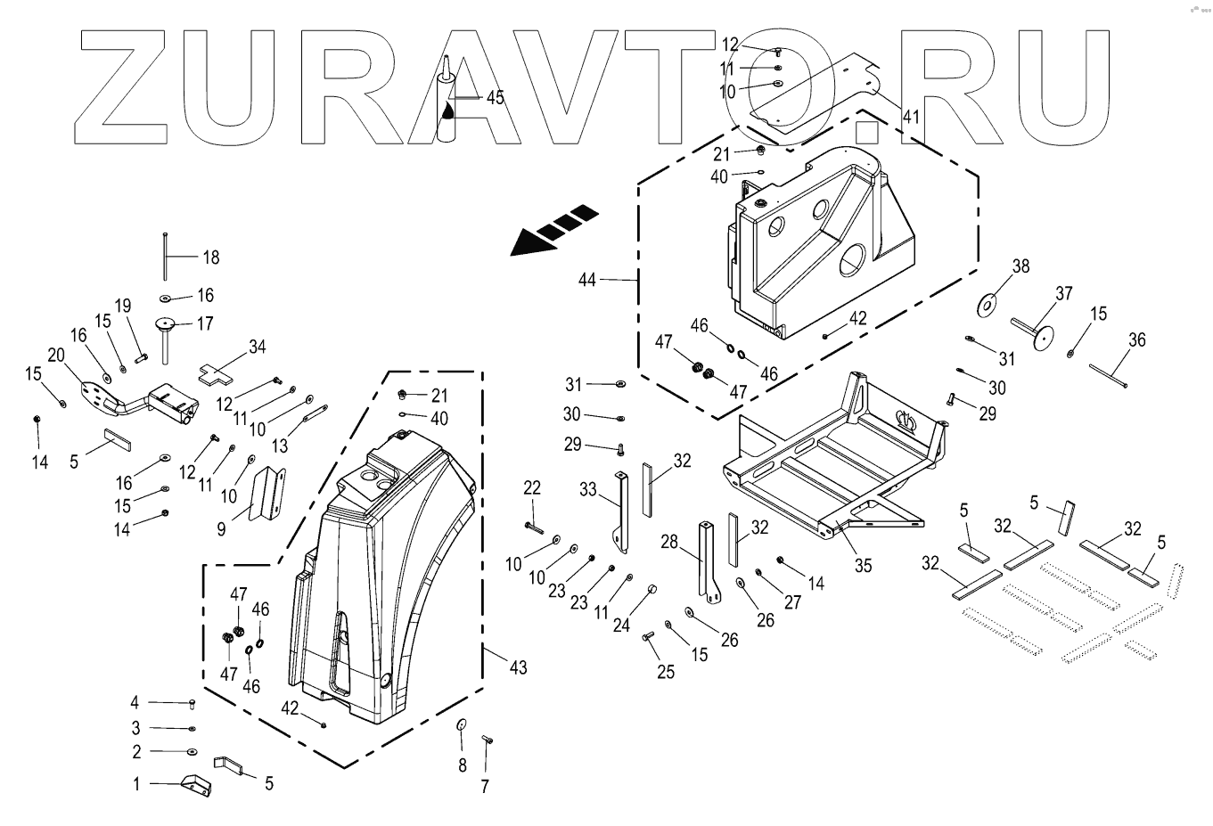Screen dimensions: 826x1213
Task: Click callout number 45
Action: point(495,97)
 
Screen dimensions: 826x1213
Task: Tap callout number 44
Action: point(586,280)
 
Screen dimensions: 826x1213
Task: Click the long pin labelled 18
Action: point(166,256)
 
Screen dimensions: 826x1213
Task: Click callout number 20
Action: point(55,355)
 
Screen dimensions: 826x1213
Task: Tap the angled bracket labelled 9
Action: point(267,495)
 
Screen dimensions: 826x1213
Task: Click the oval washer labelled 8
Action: point(462,724)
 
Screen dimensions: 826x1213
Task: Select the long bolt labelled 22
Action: point(534,527)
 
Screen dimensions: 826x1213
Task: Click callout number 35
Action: point(863,565)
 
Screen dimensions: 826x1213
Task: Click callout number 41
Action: point(910,116)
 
